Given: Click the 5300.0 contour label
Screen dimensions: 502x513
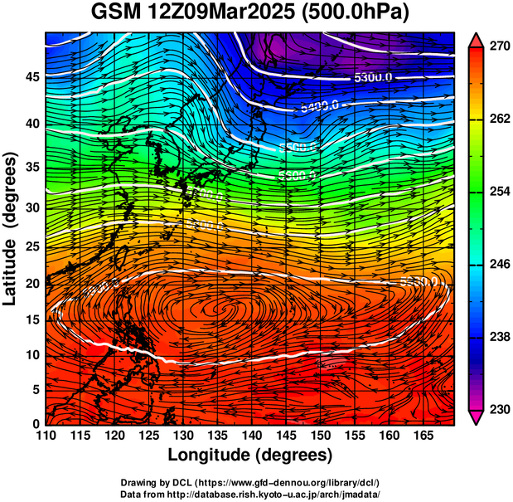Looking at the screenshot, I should point(373,78).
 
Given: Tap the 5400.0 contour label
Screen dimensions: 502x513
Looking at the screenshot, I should point(319,105).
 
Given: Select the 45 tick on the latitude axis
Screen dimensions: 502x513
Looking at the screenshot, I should point(29,77).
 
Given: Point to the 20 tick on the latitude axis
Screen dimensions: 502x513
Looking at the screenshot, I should point(29,283).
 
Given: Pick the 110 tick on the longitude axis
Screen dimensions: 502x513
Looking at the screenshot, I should point(46,435).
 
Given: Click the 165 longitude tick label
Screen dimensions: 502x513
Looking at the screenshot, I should point(423,435).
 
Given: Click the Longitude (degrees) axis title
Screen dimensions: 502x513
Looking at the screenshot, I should point(250,456).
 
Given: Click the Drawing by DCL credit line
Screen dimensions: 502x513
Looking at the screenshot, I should point(250,482).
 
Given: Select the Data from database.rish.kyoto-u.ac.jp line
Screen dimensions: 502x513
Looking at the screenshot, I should point(250,493).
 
